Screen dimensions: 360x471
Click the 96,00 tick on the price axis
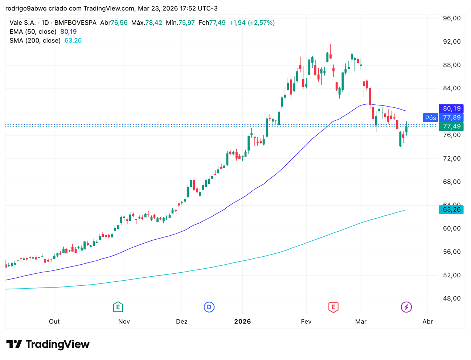coord(451,18)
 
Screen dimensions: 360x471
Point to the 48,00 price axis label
coord(451,298)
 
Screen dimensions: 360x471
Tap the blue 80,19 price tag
coord(451,108)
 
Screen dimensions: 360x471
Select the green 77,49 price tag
coord(451,127)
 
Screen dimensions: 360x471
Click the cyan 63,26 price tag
coord(451,210)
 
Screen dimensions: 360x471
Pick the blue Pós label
coord(431,117)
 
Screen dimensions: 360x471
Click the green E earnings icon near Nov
coord(118,307)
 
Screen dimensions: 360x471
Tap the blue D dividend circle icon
coord(209,307)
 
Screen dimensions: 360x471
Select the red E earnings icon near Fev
coord(333,307)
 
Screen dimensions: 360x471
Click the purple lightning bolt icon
coord(406,307)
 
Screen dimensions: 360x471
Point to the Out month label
coord(54,322)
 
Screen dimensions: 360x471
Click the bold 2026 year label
coord(242,322)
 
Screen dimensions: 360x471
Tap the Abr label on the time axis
coord(427,322)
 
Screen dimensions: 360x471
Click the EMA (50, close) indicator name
coord(33,32)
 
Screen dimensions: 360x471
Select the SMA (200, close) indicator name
coord(35,41)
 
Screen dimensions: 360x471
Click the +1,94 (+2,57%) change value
coord(252,23)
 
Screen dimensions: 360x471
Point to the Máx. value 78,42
coord(153,23)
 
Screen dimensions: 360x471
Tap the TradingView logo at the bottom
coord(48,344)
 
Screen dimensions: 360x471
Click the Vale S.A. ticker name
coord(22,23)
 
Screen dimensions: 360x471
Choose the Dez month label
coord(181,322)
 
